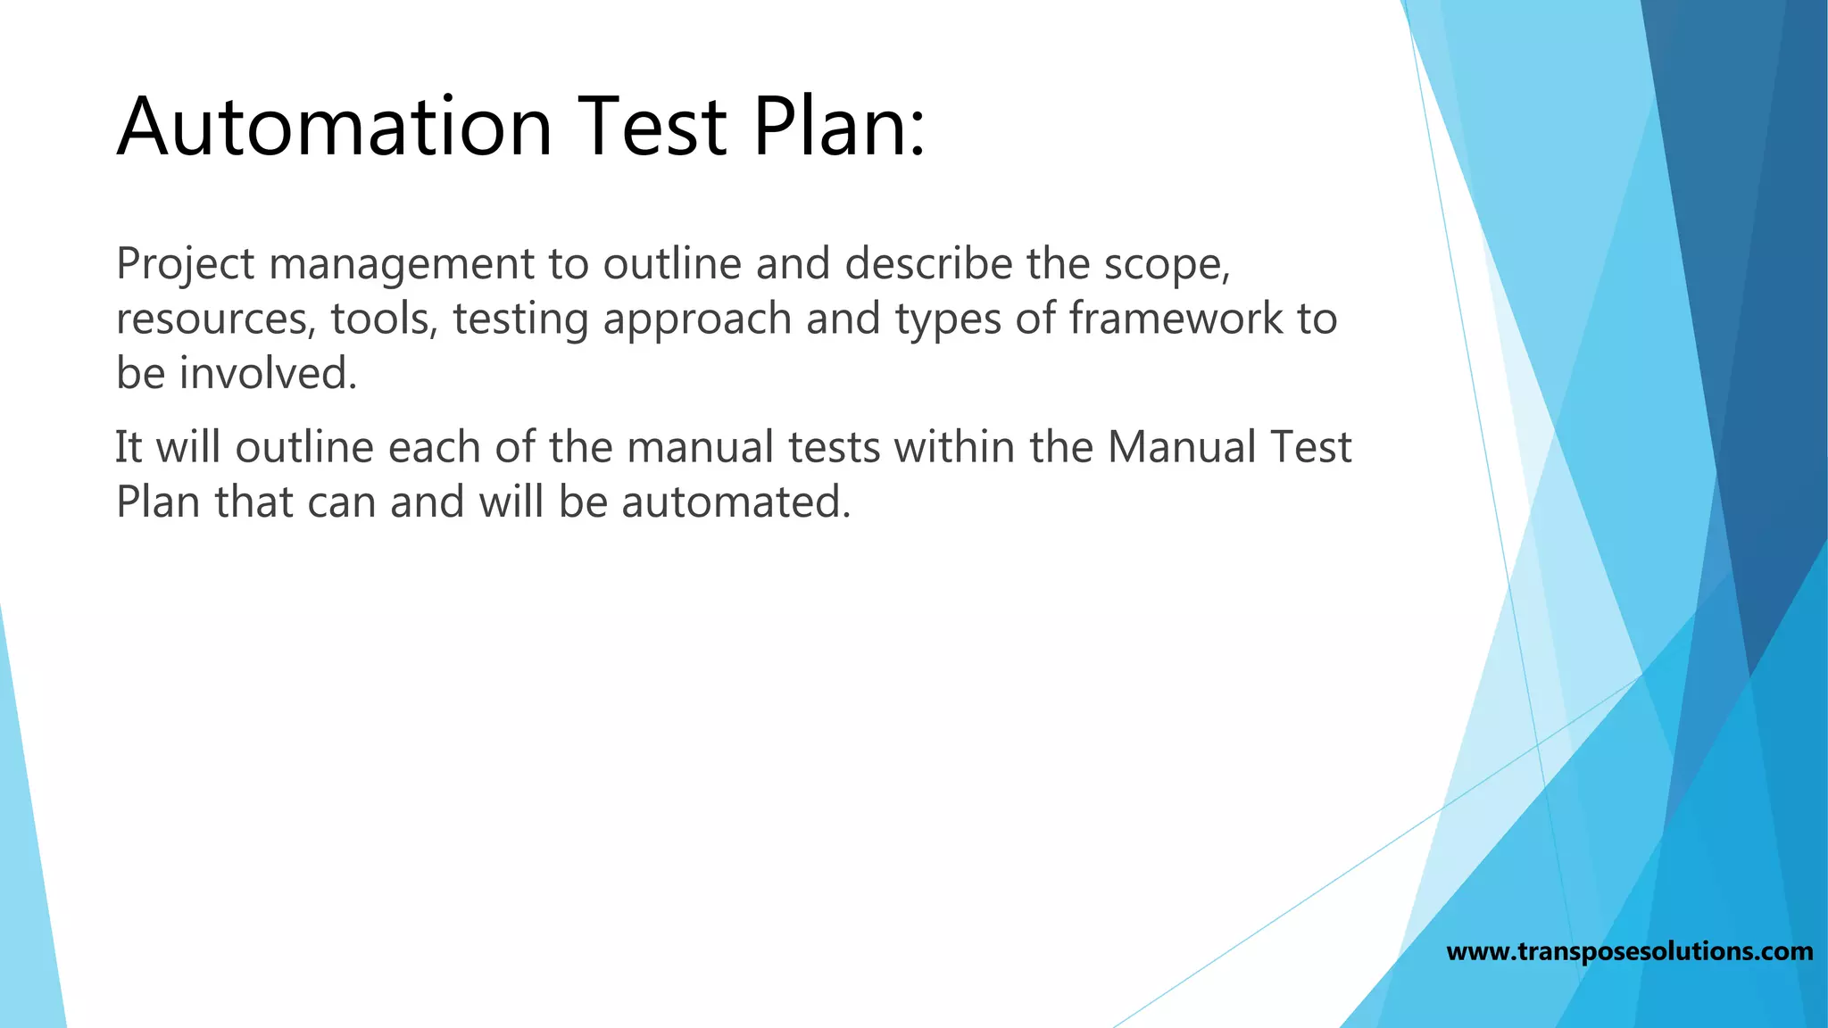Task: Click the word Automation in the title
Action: tap(335, 127)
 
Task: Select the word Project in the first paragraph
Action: tap(185, 265)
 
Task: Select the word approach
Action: tap(697, 319)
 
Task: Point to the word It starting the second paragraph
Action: tap(129, 447)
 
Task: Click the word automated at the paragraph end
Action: tap(735, 502)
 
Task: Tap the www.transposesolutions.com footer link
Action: tap(1629, 951)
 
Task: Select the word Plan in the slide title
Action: tap(826, 127)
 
